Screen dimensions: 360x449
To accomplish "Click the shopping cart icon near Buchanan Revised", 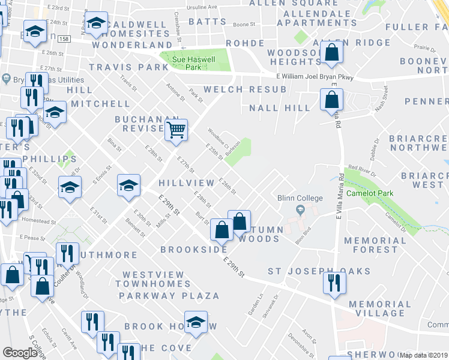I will click(x=176, y=129).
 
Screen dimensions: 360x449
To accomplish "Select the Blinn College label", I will click(x=300, y=198).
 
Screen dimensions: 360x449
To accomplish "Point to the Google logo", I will click(x=20, y=353).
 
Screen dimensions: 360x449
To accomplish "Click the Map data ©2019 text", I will click(x=424, y=355).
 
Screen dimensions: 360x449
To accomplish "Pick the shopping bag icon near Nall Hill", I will click(x=331, y=100).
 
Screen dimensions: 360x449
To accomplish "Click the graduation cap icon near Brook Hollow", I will click(x=195, y=322).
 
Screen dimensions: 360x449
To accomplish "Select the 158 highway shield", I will click(x=65, y=38).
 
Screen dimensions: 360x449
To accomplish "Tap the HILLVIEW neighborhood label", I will click(x=186, y=182).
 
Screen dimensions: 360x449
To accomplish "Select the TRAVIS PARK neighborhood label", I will click(x=129, y=67).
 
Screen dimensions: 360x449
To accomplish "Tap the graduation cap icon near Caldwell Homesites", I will click(x=96, y=23).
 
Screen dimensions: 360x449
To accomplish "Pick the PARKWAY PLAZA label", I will click(x=169, y=296).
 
